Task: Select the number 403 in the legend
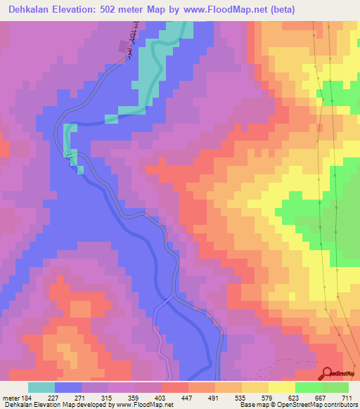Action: click(x=162, y=398)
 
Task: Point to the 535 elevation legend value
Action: click(x=242, y=398)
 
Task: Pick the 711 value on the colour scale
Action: click(x=349, y=398)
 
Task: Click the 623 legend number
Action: click(x=295, y=398)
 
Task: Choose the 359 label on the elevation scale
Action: click(x=134, y=398)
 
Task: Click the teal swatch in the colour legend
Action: click(x=41, y=387)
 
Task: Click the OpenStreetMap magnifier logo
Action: click(x=326, y=374)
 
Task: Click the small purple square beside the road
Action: click(x=123, y=46)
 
